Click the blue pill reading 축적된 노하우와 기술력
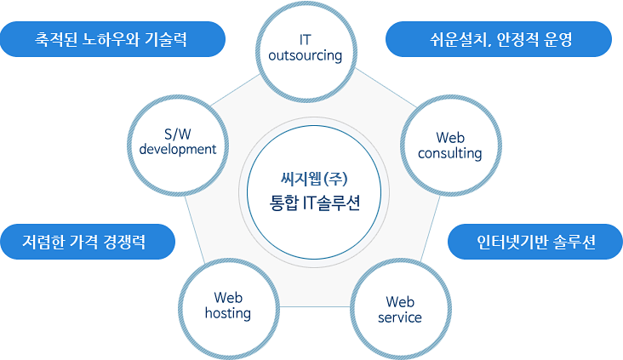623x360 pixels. tap(113, 39)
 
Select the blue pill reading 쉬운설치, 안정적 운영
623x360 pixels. tap(499, 39)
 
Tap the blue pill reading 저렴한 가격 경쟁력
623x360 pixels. tap(88, 242)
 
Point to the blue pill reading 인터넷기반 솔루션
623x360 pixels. tap(535, 242)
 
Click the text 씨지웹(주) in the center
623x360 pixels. tap(314, 180)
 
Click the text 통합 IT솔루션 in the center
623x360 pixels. tap(315, 203)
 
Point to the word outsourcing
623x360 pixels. tap(306, 55)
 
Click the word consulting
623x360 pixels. tap(449, 153)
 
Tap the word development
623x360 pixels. tap(178, 150)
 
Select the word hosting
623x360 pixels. tap(228, 313)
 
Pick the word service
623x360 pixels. tap(400, 317)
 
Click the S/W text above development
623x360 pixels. tap(178, 134)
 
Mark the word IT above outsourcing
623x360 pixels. tap(306, 40)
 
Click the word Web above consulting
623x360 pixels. tap(450, 138)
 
